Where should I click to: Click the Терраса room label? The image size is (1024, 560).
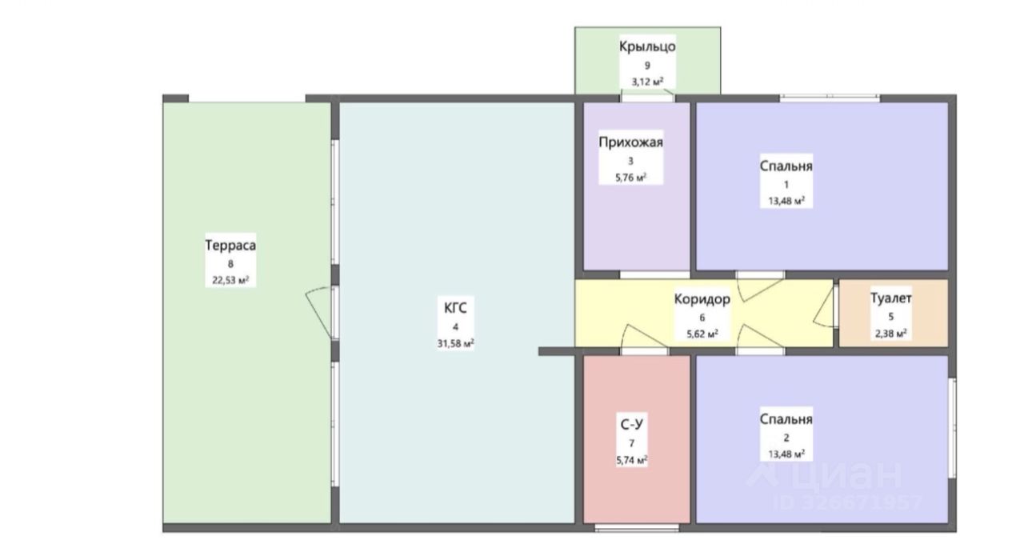pos(230,246)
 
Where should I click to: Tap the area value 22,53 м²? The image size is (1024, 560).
pos(230,280)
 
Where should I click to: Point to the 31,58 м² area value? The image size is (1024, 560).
pos(455,345)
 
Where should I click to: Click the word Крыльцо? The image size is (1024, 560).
pos(647,46)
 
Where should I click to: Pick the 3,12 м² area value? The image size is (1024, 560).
pos(647,82)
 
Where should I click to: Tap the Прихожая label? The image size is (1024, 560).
pos(631,143)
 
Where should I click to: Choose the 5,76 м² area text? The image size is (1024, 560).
pos(631,178)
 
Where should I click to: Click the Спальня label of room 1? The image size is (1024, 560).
pos(786,166)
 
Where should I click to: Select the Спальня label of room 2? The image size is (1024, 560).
pos(786,419)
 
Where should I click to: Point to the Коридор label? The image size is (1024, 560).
pos(702,300)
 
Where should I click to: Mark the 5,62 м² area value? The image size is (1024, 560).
pos(702,334)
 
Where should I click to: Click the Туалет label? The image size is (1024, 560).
pos(891,299)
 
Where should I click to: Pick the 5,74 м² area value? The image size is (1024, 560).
pos(631,460)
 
